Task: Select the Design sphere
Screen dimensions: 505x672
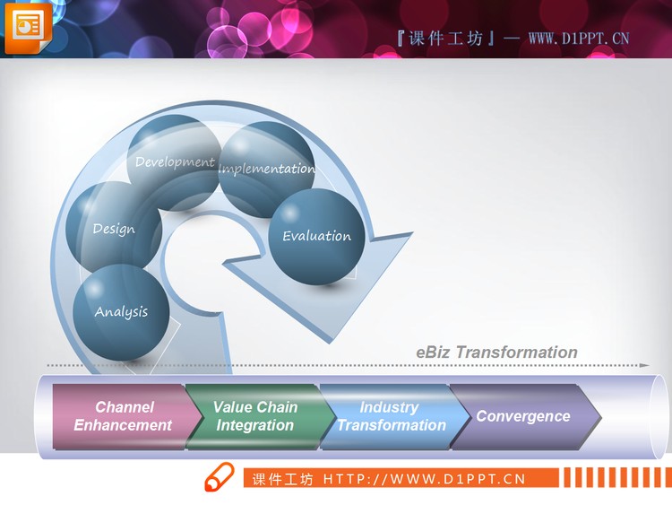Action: coord(114,229)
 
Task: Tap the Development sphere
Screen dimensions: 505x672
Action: coord(175,162)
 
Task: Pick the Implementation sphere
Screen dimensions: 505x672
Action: coord(267,169)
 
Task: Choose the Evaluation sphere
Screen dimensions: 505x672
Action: coord(317,236)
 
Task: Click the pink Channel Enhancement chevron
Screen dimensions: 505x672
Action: coord(124,416)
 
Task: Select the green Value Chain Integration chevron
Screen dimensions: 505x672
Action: coord(255,416)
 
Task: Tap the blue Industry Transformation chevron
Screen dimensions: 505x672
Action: coord(391,416)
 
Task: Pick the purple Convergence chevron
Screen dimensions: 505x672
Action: coord(523,416)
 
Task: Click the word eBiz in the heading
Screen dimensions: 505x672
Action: coord(434,353)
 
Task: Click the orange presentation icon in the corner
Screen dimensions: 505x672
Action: coord(28,27)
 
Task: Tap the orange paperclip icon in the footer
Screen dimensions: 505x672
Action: coord(219,477)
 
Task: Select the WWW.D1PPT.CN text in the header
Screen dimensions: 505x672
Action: coord(579,38)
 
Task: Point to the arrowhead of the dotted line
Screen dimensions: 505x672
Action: coord(643,365)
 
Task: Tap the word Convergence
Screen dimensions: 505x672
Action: coord(523,416)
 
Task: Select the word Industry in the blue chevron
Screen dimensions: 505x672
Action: coord(389,407)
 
